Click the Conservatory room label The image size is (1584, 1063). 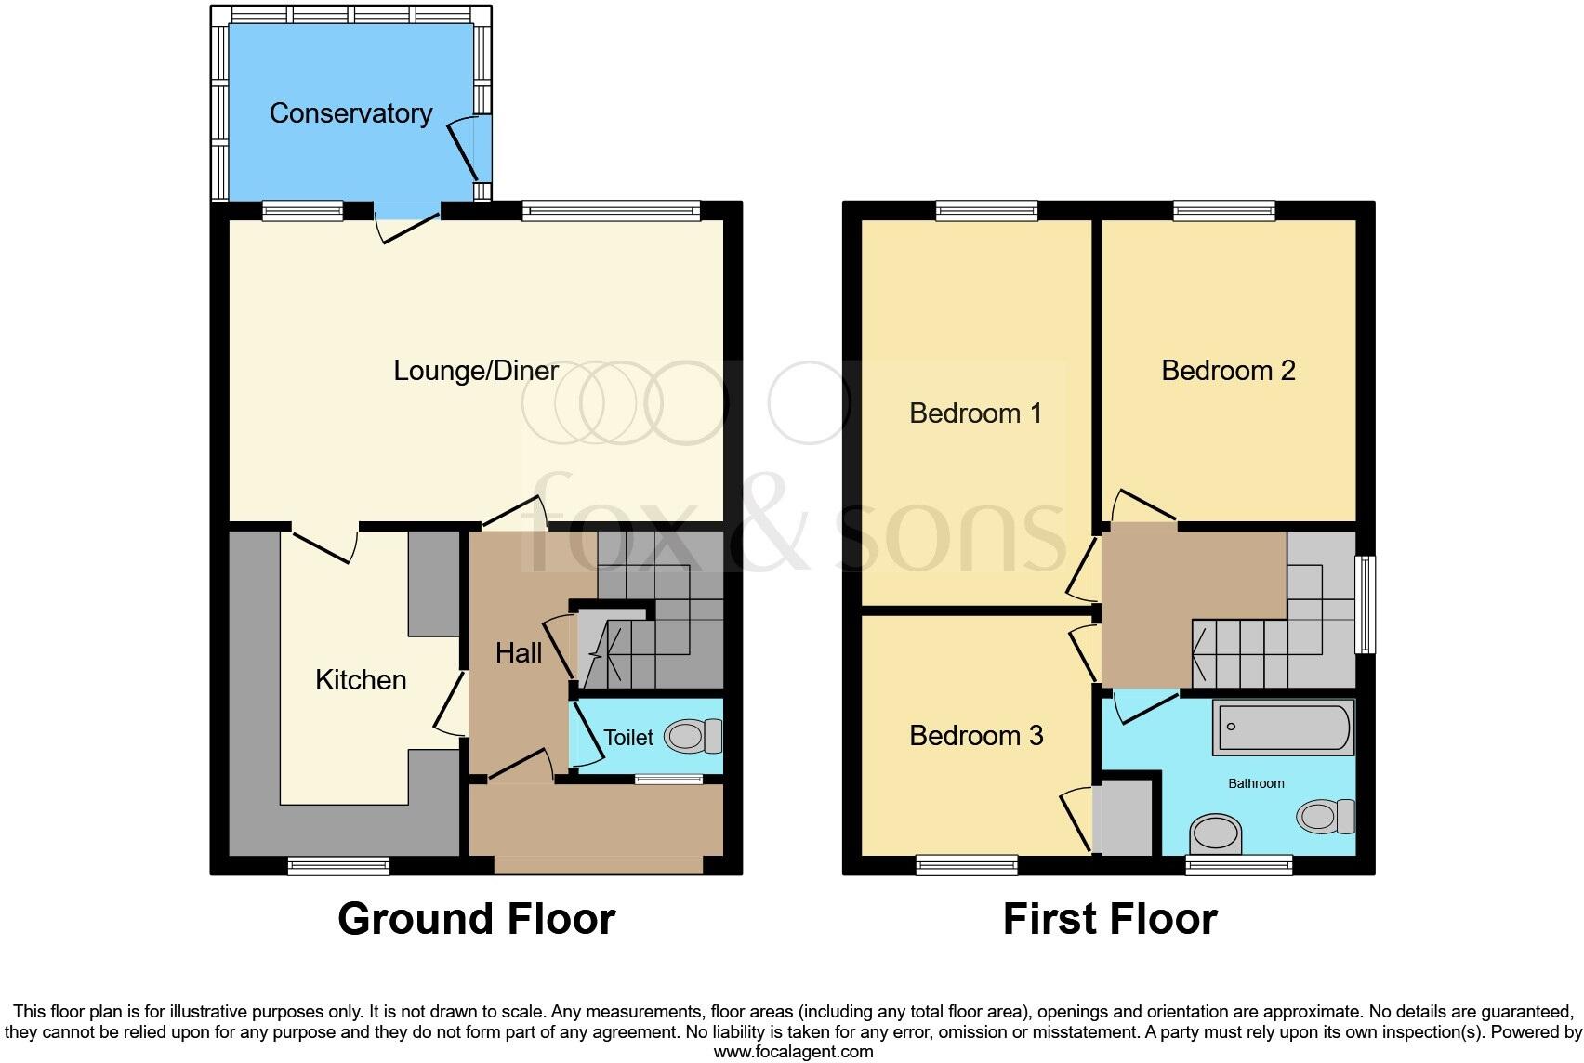click(x=350, y=113)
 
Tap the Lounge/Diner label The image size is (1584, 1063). click(x=475, y=371)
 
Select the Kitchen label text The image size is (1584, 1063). click(x=361, y=680)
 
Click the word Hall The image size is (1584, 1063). click(x=518, y=653)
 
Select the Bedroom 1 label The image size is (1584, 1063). click(x=975, y=413)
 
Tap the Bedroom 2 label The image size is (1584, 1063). click(x=1227, y=371)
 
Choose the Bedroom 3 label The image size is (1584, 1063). click(x=975, y=736)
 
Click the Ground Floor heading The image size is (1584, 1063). click(x=476, y=919)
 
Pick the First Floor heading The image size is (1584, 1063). click(x=1109, y=919)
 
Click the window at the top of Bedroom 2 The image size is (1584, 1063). click(x=1223, y=211)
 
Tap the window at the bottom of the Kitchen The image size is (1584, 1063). click(x=338, y=866)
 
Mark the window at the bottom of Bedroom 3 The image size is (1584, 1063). click(x=967, y=866)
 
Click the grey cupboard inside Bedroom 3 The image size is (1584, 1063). click(x=1124, y=818)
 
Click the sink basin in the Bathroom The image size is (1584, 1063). click(x=1215, y=833)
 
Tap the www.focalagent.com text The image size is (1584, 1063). click(x=793, y=1052)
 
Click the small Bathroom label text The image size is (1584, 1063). click(x=1256, y=783)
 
